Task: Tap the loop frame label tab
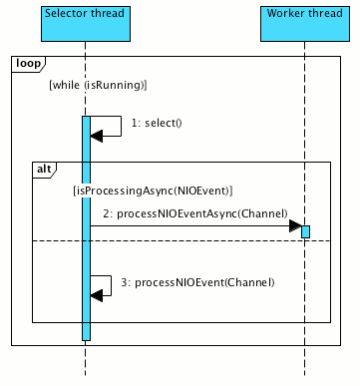(x=26, y=64)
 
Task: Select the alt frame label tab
(x=44, y=170)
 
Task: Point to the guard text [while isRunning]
(x=98, y=86)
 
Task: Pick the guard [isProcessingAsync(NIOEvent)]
(x=153, y=190)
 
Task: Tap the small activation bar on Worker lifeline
(x=305, y=231)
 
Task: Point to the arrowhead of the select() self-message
(x=97, y=135)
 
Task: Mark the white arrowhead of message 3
(x=98, y=291)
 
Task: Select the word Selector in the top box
(x=67, y=11)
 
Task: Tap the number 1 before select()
(x=132, y=123)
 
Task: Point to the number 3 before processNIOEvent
(x=123, y=283)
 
